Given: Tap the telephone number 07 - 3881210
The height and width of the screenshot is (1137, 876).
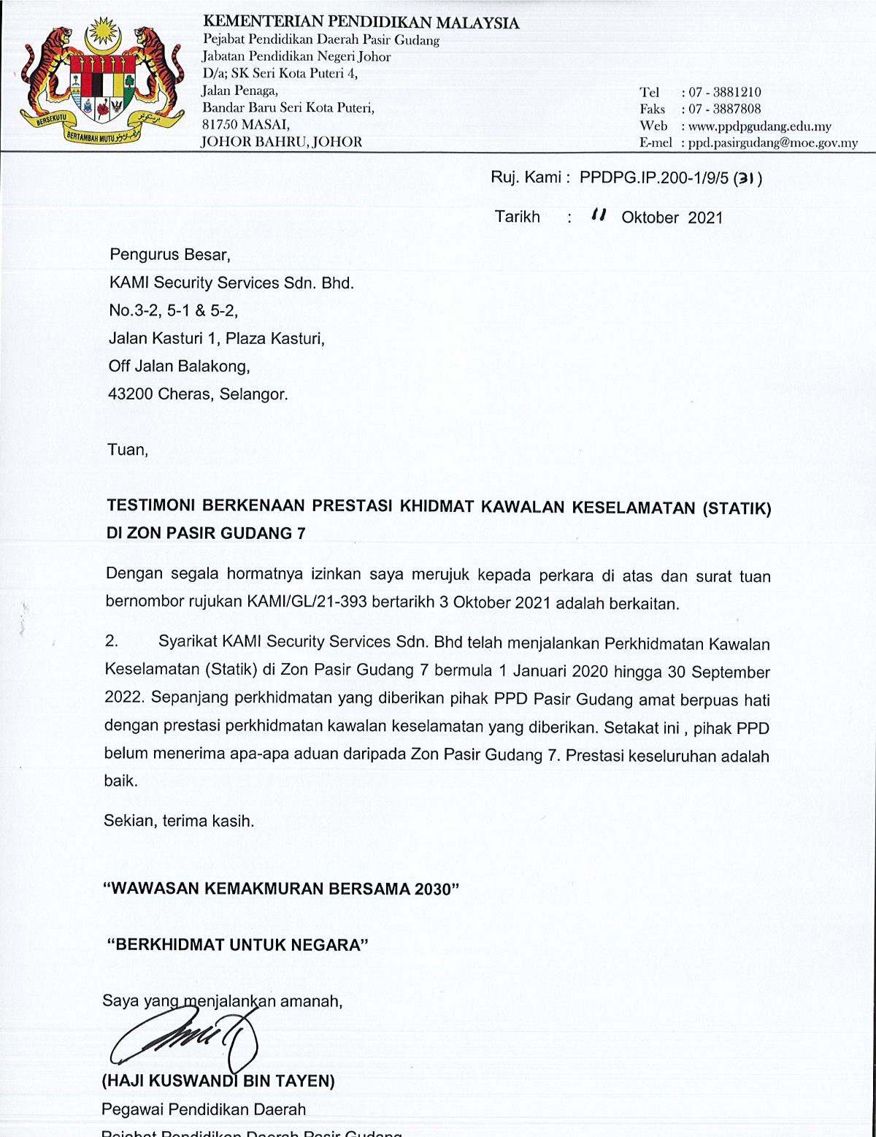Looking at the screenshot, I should pos(724,92).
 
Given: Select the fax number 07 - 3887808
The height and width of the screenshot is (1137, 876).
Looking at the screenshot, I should pos(724,109).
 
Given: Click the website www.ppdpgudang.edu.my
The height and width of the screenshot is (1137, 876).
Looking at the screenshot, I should pos(759,126).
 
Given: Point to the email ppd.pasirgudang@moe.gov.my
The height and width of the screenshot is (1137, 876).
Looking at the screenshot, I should pos(772,142).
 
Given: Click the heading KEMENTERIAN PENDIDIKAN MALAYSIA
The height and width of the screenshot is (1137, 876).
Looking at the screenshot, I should pos(361,23).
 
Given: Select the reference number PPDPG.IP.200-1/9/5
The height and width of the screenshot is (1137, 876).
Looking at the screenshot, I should pos(653,177).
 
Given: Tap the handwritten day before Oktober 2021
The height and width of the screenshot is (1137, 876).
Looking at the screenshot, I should pos(599,215).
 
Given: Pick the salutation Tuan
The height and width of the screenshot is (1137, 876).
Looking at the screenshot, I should pos(128,450).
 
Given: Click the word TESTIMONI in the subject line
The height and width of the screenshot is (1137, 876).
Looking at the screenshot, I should pos(150,505).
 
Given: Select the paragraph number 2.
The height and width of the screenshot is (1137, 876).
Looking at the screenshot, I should pos(112,641).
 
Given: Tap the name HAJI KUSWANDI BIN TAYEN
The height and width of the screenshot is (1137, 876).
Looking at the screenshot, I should pos(218,1081).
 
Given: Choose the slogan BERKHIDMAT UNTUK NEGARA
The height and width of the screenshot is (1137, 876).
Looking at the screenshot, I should pos(237,945).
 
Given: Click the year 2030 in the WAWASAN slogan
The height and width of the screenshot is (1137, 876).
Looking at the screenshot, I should pos(433,889).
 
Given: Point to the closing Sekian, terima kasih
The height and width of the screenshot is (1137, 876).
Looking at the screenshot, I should pos(179,821).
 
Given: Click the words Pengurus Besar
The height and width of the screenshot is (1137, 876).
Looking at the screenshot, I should pos(169,255).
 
